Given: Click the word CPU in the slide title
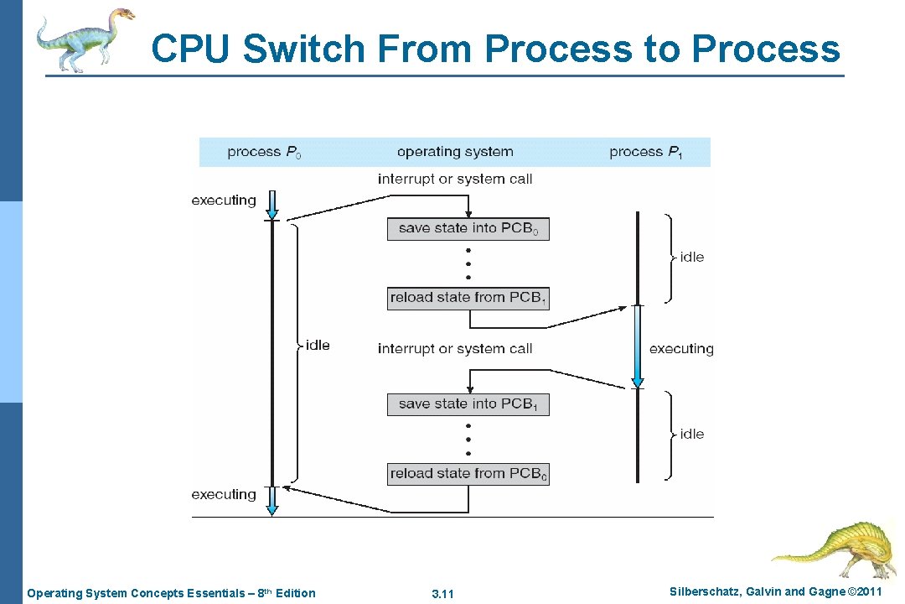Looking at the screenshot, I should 193,49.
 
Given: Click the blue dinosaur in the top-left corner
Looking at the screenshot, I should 84,39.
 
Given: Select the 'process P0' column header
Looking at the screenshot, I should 264,152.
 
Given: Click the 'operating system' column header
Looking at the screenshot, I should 455,152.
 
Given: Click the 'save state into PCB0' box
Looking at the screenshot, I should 468,229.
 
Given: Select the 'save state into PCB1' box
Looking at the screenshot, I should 468,404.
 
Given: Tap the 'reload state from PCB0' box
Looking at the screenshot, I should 468,474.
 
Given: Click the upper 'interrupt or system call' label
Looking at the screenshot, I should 455,179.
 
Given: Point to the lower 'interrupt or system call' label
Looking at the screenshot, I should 455,349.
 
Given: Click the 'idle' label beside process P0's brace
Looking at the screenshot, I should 318,346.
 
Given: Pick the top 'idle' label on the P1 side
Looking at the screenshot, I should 692,258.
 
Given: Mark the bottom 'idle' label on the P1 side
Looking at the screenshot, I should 692,434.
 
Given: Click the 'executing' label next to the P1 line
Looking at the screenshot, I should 681,349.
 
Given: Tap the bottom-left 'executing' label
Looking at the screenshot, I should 224,495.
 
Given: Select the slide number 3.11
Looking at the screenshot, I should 442,594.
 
